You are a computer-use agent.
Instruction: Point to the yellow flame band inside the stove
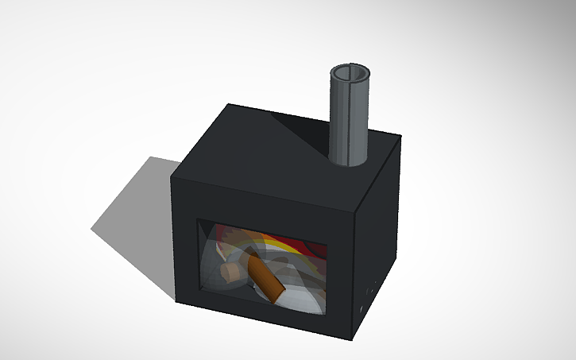(274, 239)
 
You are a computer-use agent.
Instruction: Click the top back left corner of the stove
(228, 104)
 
